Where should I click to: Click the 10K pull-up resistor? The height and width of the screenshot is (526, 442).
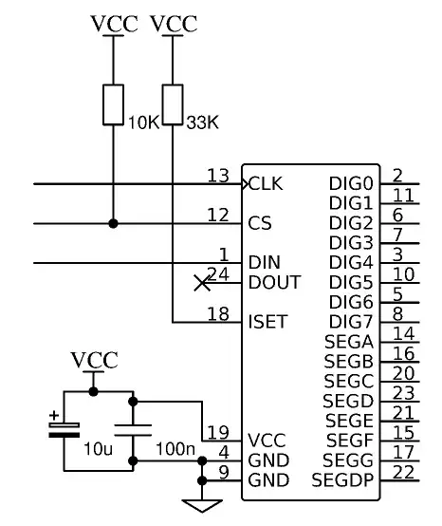click(113, 104)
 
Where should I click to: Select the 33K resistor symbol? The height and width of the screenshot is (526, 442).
click(173, 104)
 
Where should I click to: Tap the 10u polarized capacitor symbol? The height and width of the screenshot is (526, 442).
click(64, 429)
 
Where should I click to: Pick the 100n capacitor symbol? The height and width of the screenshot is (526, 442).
click(134, 429)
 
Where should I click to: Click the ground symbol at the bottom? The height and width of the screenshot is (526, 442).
click(202, 504)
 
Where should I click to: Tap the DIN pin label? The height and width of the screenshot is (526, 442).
click(265, 262)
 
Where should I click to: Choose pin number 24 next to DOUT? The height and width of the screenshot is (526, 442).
click(218, 274)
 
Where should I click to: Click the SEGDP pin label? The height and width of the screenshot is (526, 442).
click(342, 480)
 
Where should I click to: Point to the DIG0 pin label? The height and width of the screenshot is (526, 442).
click(351, 183)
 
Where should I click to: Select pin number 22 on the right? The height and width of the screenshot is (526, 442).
click(403, 472)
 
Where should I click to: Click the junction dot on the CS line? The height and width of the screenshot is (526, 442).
click(113, 224)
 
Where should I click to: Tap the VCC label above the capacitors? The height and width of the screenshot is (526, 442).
click(94, 360)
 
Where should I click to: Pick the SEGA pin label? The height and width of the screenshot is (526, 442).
click(348, 342)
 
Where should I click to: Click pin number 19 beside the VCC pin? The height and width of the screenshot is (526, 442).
click(218, 432)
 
